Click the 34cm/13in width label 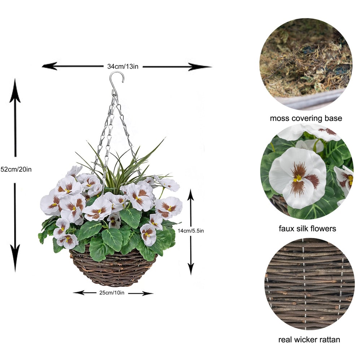(x=123, y=66)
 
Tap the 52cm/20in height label (x=16, y=169)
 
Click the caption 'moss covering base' (x=306, y=118)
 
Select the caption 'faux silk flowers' (x=308, y=229)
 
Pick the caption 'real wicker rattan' (x=309, y=340)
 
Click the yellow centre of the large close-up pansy (x=297, y=178)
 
